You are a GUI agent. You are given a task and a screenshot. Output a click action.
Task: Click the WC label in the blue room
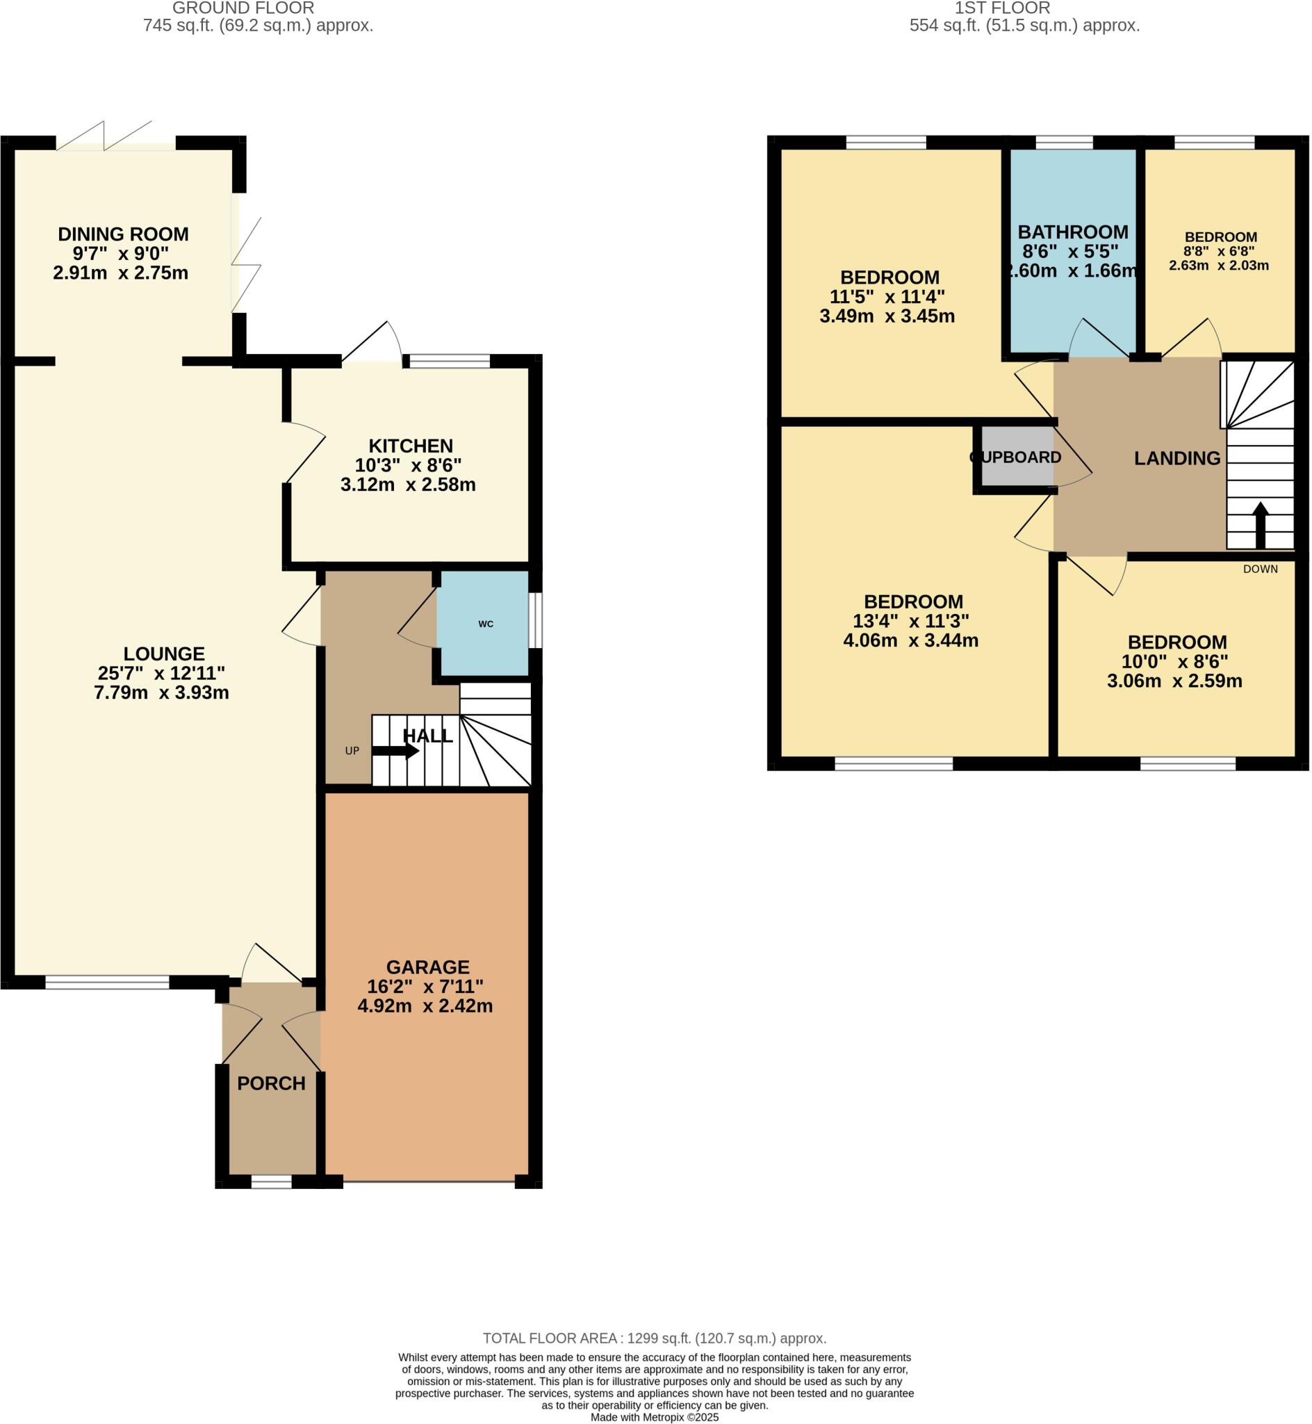(486, 624)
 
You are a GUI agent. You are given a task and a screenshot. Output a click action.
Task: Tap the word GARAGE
(427, 967)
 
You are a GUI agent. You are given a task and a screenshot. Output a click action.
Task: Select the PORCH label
(271, 1083)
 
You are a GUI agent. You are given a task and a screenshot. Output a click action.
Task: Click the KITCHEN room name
(411, 446)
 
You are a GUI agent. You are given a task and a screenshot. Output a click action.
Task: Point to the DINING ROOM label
(123, 234)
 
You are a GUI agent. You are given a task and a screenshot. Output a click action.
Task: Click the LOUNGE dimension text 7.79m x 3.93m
(161, 693)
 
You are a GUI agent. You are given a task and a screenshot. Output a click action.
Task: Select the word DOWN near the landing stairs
(1260, 569)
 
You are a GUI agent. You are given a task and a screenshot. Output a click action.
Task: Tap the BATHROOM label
(1073, 232)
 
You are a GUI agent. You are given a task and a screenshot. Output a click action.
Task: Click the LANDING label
(1177, 458)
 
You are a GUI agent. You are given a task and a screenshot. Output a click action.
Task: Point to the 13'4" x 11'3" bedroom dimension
(911, 622)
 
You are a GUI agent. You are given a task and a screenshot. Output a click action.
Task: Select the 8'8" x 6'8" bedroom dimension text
(1219, 252)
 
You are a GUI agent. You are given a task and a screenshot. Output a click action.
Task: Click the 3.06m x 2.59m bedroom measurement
(1174, 681)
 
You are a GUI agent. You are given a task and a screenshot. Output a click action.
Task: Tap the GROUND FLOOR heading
(243, 8)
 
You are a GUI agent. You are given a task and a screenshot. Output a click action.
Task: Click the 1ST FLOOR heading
(1003, 8)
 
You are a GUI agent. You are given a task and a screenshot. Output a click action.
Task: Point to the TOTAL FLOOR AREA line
(655, 1338)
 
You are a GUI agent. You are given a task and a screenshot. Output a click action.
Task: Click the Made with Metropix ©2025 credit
(655, 1417)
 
